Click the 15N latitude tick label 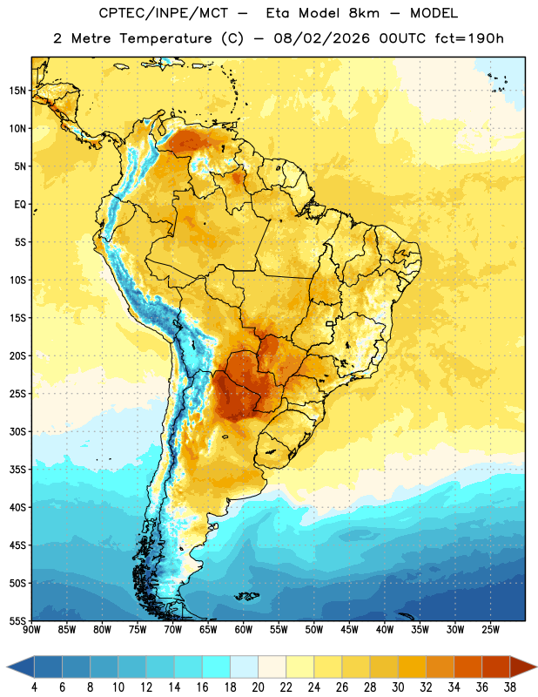point(17,91)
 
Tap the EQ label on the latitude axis point(20,205)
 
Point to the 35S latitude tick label point(17,470)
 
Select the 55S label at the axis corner point(17,620)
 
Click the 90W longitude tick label point(31,630)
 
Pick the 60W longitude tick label point(244,630)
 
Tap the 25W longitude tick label point(490,630)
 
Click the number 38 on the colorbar point(509,687)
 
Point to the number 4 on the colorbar point(34,687)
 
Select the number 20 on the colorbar point(258,687)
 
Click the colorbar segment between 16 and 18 point(217,667)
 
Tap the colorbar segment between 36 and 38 point(496,667)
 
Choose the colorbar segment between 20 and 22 point(272,667)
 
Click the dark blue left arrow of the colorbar point(21,667)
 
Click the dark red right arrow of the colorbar point(523,667)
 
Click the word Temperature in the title point(165,39)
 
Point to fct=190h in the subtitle point(469,38)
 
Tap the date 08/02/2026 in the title point(321,38)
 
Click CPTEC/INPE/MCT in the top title point(164,13)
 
